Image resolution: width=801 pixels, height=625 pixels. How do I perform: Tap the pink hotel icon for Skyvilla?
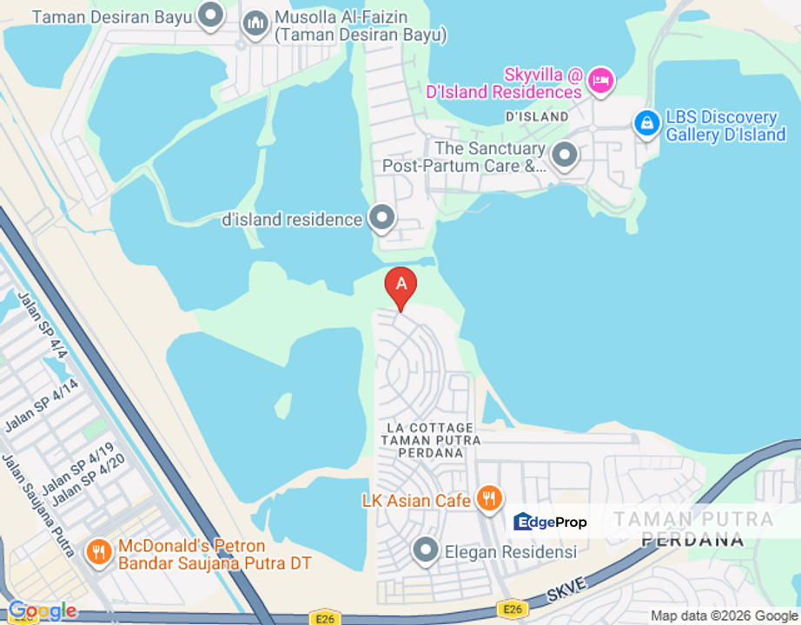[600, 81]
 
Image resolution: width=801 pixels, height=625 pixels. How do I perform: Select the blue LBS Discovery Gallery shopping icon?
[647, 124]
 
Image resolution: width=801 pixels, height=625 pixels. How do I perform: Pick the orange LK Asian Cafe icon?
[489, 499]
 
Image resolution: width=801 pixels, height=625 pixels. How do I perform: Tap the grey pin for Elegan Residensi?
[425, 550]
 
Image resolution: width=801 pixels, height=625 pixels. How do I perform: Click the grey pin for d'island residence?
[381, 218]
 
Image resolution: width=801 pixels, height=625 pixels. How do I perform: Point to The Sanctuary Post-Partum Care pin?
[566, 155]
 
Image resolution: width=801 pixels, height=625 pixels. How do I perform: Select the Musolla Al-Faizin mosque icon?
[255, 23]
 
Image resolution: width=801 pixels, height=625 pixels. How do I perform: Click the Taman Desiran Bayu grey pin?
[209, 15]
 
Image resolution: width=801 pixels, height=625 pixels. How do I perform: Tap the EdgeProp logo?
[550, 522]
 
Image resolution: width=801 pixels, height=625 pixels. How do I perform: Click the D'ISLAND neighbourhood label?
[537, 116]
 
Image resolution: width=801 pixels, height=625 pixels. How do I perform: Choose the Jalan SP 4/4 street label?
[42, 323]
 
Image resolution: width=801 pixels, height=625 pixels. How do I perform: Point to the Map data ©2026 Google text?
[724, 616]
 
